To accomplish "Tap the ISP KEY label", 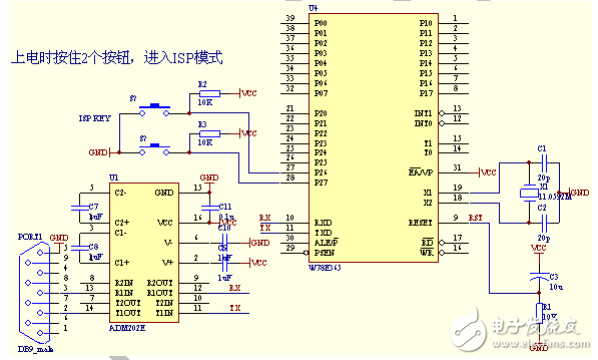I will click(93, 117).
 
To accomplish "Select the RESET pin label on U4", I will click(422, 218).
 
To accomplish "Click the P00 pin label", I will click(320, 20).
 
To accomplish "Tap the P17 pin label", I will click(425, 93).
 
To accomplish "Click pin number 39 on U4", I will click(289, 19).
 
